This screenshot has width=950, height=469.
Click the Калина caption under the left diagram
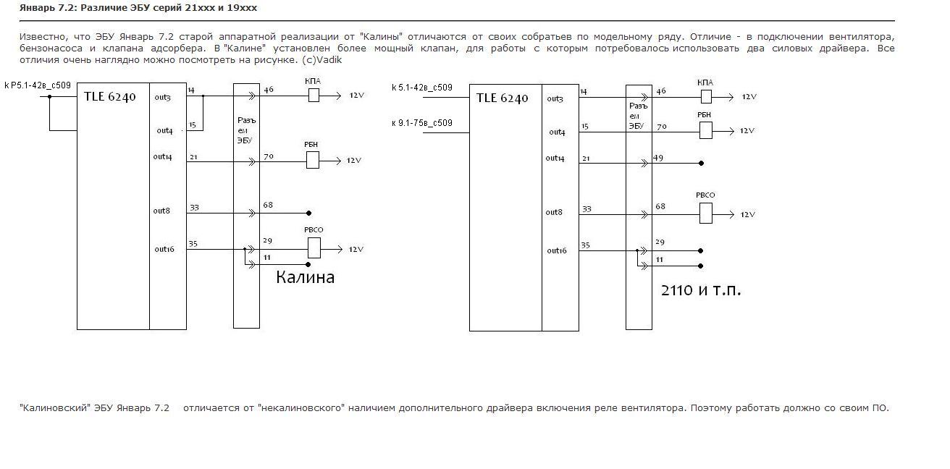pyautogui.click(x=305, y=277)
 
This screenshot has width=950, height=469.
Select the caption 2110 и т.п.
pyautogui.click(x=701, y=290)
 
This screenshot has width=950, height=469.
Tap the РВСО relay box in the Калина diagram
pyautogui.click(x=314, y=248)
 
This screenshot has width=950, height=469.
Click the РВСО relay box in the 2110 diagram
pyautogui.click(x=706, y=214)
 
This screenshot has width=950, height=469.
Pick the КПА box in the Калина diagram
pyautogui.click(x=314, y=96)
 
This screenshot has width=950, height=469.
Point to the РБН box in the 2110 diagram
pyautogui.click(x=706, y=130)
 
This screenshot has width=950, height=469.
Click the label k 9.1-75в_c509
pyautogui.click(x=422, y=123)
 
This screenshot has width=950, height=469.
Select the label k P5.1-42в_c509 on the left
pyautogui.click(x=38, y=85)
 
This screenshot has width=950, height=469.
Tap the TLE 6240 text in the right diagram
pyautogui.click(x=502, y=98)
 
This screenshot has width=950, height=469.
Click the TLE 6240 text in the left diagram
pyautogui.click(x=110, y=97)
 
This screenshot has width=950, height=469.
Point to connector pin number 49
pyautogui.click(x=658, y=158)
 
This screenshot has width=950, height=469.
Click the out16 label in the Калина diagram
pyautogui.click(x=164, y=249)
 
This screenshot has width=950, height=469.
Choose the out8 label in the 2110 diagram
pyautogui.click(x=554, y=212)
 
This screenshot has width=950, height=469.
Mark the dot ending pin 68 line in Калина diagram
pyautogui.click(x=308, y=214)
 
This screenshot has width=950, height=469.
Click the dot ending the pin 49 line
pyautogui.click(x=702, y=164)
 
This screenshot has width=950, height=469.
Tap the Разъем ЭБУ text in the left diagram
pyautogui.click(x=246, y=130)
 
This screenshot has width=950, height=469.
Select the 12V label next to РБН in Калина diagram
pyautogui.click(x=353, y=160)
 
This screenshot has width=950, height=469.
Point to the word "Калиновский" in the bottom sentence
pyautogui.click(x=55, y=408)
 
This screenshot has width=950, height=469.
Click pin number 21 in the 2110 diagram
pyautogui.click(x=586, y=159)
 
